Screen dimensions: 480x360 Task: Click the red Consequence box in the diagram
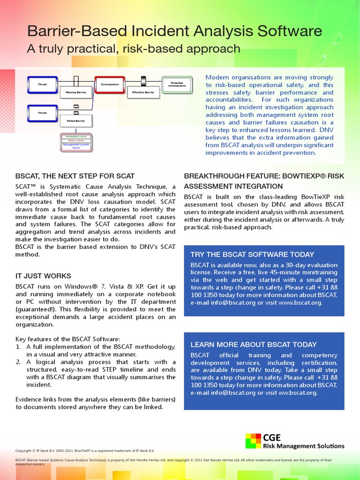coord(110,84)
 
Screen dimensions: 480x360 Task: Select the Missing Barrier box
coord(76,92)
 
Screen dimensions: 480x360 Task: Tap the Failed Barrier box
coord(76,120)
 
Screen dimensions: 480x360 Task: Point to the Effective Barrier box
coord(143,92)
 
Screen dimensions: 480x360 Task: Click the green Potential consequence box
coord(177,84)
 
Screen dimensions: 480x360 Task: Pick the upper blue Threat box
coord(43,84)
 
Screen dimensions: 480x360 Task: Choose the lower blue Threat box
coord(43,112)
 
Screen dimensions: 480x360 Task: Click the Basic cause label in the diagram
coord(76,140)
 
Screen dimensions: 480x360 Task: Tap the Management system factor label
coord(76,146)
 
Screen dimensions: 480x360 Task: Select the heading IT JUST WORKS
coord(43,276)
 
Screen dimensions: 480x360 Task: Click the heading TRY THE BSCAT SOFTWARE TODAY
coord(252,255)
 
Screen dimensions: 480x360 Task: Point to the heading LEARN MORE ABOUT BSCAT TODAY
coord(253,345)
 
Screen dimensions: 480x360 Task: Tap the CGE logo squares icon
coord(253,441)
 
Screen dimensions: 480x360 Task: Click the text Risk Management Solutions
coord(303,446)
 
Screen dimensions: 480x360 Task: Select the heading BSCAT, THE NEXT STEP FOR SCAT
coord(75,176)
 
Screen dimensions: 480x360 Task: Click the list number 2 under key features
coord(18,362)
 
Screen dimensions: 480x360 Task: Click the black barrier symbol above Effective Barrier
coord(143,81)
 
